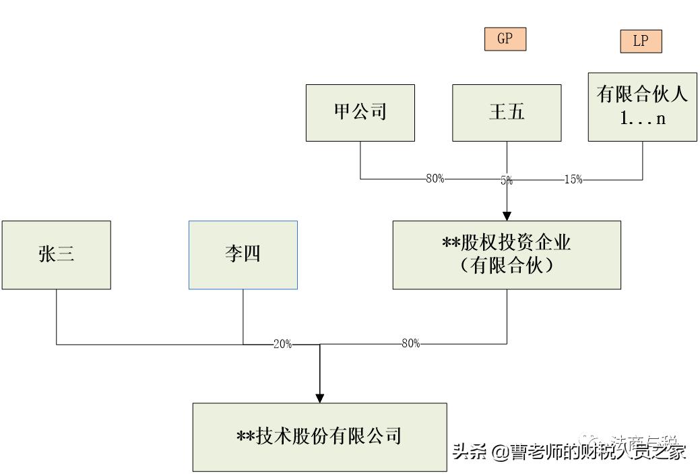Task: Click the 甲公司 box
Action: [360, 113]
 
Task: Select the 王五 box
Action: [506, 113]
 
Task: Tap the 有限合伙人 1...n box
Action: [642, 107]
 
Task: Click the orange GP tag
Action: [505, 39]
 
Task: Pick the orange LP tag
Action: [641, 41]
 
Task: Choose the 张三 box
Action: [56, 255]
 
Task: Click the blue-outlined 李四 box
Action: [243, 255]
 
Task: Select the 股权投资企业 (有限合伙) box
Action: [507, 255]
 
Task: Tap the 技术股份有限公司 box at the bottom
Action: [319, 437]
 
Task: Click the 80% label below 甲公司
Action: [435, 179]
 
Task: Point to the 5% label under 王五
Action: [506, 180]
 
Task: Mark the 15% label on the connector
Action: [573, 180]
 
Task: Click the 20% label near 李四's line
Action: [282, 345]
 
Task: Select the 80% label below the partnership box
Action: [410, 344]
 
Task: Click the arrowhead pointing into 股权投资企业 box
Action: [507, 214]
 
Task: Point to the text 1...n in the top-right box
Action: [642, 119]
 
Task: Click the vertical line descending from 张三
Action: [56, 317]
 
